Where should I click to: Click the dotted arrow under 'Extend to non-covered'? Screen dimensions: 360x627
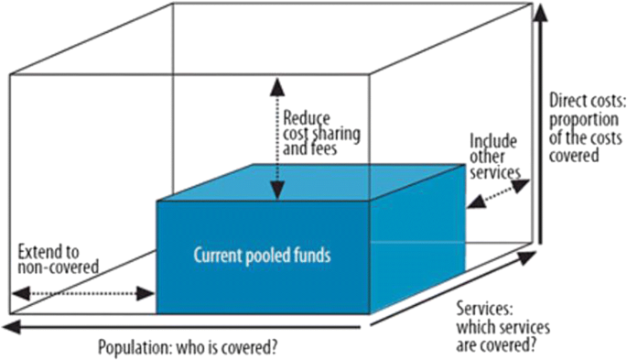tap(83, 294)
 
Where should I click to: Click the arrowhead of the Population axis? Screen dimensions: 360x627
tap(11, 326)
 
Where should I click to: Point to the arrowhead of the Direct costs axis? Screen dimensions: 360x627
tap(542, 12)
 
